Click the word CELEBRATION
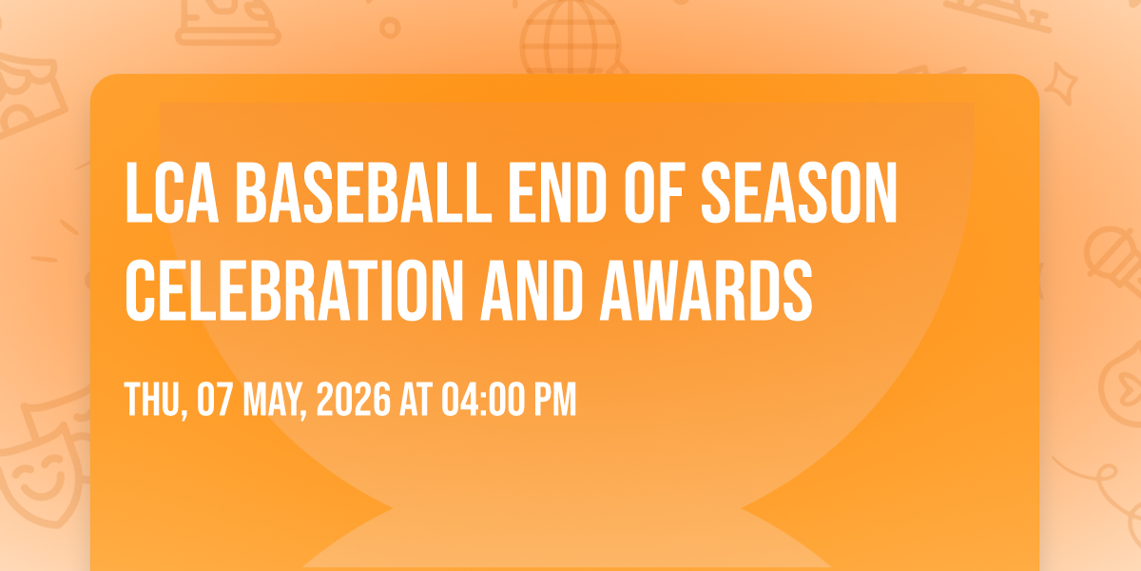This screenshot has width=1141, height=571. coord(294,290)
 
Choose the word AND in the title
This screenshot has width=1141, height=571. coord(532,290)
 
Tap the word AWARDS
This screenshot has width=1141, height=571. coord(706,290)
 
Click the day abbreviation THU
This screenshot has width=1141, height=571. coord(155,401)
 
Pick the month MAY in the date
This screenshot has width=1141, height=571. coord(275,401)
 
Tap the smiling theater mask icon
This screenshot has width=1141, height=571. coord(42,478)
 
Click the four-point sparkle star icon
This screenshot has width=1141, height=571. coord(1061,84)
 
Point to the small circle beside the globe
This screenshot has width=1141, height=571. coord(390,28)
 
